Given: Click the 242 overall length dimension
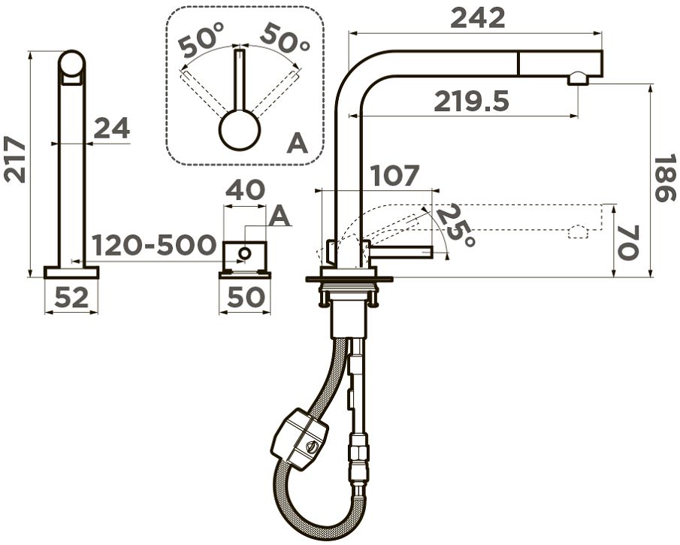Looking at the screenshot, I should point(478,17).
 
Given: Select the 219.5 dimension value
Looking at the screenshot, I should point(472,101).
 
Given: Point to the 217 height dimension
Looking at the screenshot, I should point(15,159).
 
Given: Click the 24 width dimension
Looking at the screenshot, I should point(111,129).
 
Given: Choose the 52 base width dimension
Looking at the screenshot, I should point(71,298).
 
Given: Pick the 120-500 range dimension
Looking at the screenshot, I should point(154,245).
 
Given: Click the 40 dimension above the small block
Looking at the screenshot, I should point(245,189).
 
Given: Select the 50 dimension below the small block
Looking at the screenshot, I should point(245,298).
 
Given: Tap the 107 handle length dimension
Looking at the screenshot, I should point(395,176).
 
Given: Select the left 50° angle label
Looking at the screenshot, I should point(202,41).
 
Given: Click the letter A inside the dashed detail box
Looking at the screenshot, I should point(298,142).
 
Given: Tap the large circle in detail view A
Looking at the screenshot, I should point(240,130).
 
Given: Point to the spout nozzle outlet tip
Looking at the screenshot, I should point(579,78).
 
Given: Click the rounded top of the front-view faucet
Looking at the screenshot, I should point(72,63).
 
